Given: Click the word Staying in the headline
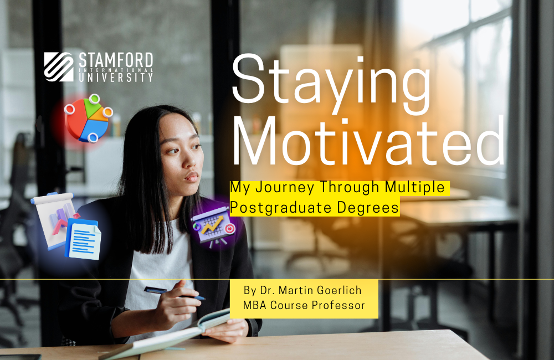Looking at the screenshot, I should pyautogui.click(x=331, y=78).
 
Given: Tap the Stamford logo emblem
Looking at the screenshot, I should pyautogui.click(x=59, y=67).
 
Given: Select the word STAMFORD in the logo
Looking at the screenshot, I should pyautogui.click(x=115, y=59).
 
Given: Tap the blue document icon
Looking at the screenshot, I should pyautogui.click(x=83, y=239).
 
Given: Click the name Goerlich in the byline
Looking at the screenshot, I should pyautogui.click(x=338, y=290).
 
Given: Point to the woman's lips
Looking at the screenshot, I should pyautogui.click(x=192, y=177).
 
